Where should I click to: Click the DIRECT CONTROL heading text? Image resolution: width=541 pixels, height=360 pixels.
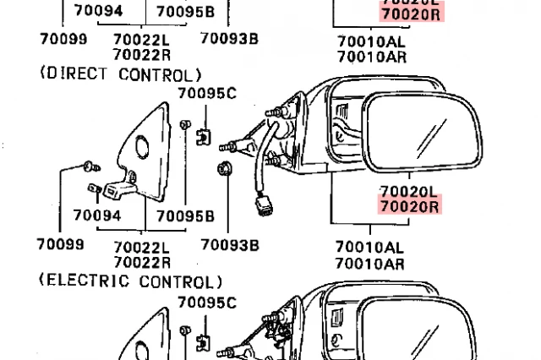(x=121, y=74)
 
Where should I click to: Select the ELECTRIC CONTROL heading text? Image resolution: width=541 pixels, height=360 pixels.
(x=131, y=281)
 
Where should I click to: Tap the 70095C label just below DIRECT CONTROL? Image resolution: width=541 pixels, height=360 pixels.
(x=207, y=94)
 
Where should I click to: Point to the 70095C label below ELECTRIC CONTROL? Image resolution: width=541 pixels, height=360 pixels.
(x=207, y=303)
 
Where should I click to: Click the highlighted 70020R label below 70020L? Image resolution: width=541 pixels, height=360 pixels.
(x=410, y=206)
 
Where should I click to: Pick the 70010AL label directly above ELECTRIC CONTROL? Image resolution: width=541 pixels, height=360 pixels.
(x=370, y=248)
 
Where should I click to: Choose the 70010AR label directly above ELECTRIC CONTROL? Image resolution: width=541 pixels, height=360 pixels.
(x=370, y=263)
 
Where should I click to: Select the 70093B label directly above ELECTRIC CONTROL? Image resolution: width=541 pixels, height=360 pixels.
(x=230, y=245)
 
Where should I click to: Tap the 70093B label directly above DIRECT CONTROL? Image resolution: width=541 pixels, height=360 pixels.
(x=230, y=39)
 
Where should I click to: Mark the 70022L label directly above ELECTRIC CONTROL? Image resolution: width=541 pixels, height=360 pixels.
(x=141, y=248)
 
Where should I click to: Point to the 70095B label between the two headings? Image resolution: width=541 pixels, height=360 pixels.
(x=185, y=216)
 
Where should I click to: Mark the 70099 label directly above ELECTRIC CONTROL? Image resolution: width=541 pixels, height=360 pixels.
(x=60, y=245)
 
